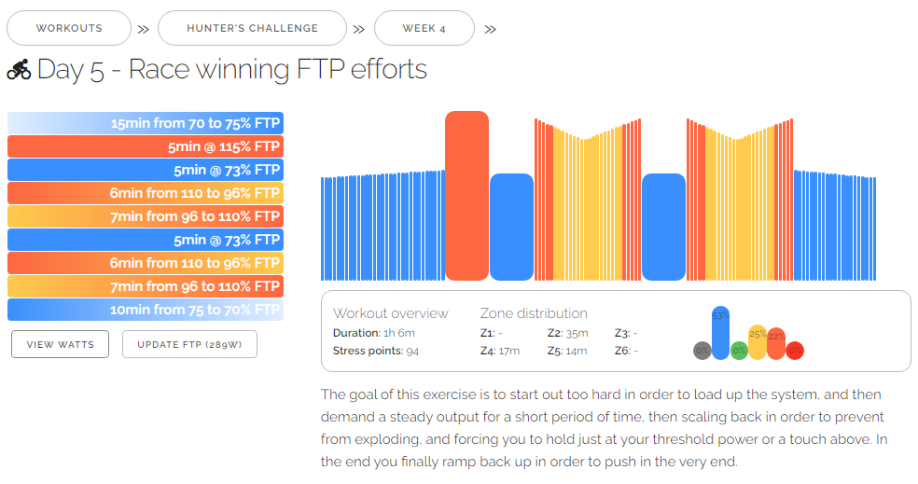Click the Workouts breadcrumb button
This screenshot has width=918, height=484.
[x=69, y=28]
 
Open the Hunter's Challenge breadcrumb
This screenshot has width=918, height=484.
[x=252, y=28]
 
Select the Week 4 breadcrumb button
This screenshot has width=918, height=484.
[x=424, y=28]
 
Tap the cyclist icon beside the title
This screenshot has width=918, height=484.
[x=19, y=70]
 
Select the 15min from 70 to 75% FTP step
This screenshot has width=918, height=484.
[x=146, y=123]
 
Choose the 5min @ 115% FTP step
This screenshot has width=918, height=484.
[x=146, y=146]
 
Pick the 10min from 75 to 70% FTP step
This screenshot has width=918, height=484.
[x=146, y=310]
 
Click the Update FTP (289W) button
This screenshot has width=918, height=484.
[x=189, y=344]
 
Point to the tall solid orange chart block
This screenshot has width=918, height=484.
[x=466, y=196]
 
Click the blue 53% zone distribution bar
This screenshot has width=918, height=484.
[x=720, y=331]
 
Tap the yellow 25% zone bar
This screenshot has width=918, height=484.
[x=758, y=341]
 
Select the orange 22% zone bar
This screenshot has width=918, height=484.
[x=776, y=343]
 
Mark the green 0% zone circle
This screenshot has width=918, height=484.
[x=739, y=351]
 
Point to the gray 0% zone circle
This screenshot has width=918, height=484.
[x=702, y=351]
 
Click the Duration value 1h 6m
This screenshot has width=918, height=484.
[x=399, y=333]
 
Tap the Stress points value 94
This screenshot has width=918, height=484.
[x=412, y=351]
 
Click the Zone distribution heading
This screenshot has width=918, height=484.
[x=534, y=313]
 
